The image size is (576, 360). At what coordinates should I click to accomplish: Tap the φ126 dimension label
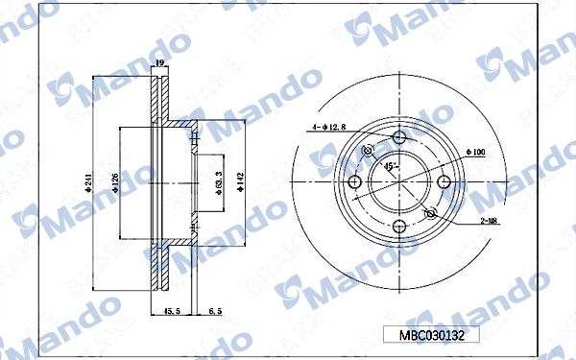pos(114,182)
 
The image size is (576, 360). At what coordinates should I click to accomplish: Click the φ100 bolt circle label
pos(474,152)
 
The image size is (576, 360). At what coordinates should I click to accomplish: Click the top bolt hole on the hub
pos(399,137)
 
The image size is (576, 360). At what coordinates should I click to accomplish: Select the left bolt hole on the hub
pos(354,182)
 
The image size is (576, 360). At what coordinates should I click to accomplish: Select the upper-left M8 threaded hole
pos(368,151)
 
